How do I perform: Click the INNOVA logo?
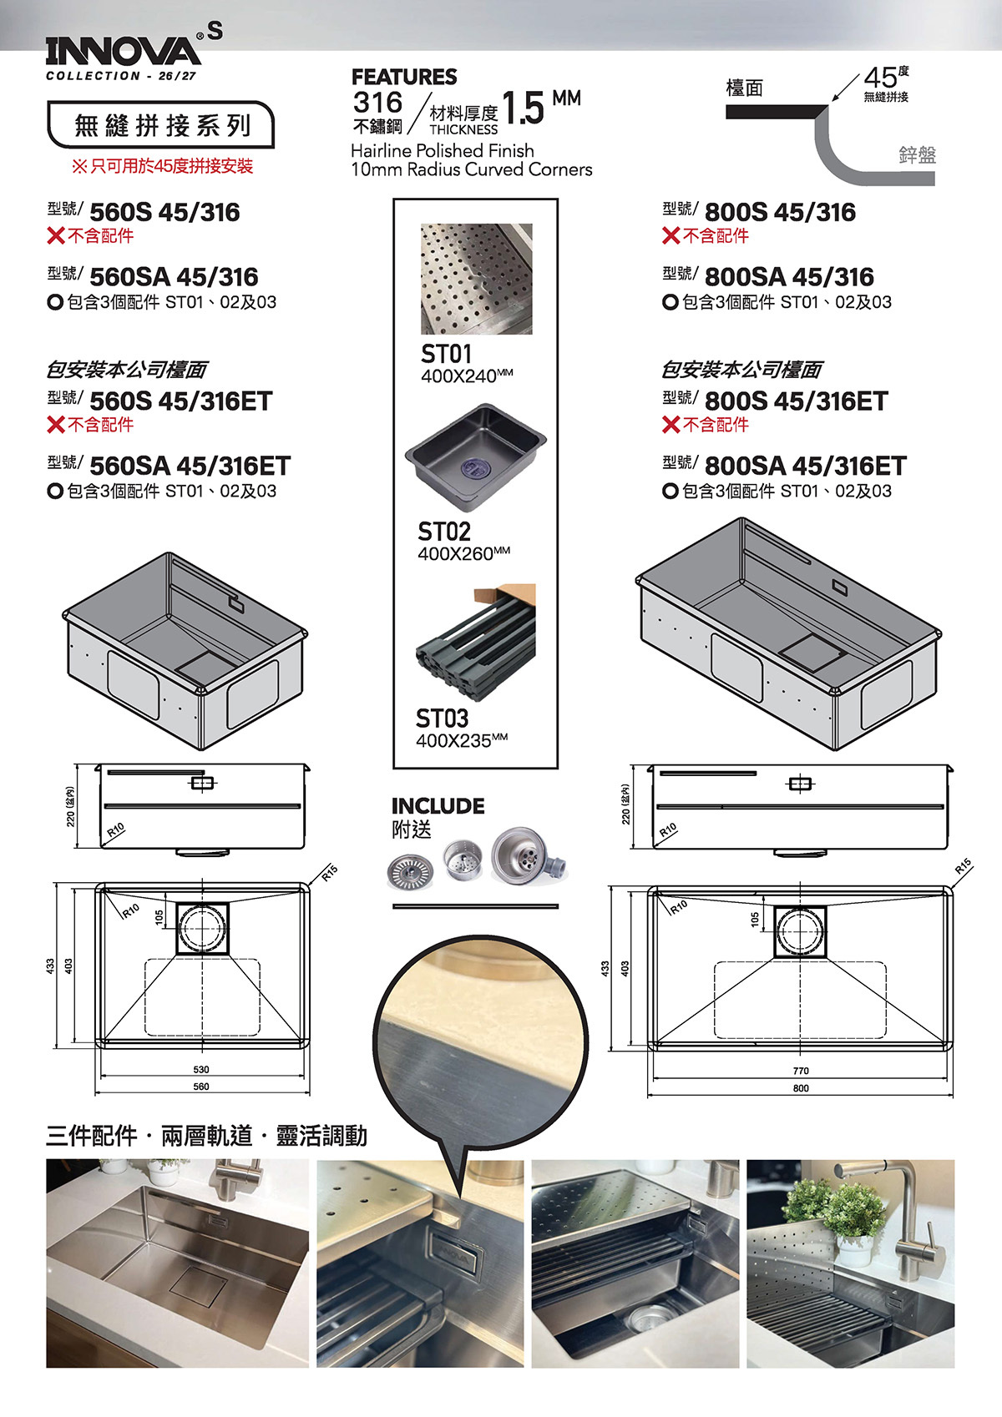pos(124,52)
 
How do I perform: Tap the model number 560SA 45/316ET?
pos(190,466)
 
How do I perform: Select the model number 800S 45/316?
pos(780,213)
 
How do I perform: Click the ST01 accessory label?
pos(446,354)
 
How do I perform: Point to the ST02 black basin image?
pos(475,456)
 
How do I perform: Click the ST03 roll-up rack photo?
pos(476,642)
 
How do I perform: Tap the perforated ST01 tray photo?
pos(477,279)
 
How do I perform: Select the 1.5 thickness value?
pos(523,108)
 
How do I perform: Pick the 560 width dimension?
pos(201,1087)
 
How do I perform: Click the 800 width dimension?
pos(801,1088)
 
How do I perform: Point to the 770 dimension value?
pos(801,1071)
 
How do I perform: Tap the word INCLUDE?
pos(438,806)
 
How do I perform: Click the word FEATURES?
pos(404,77)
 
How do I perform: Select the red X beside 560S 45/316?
pos(56,236)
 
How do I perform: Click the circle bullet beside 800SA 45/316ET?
pos(671,491)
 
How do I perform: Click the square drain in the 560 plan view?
pos(203,928)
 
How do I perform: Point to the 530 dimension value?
pos(201,1069)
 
